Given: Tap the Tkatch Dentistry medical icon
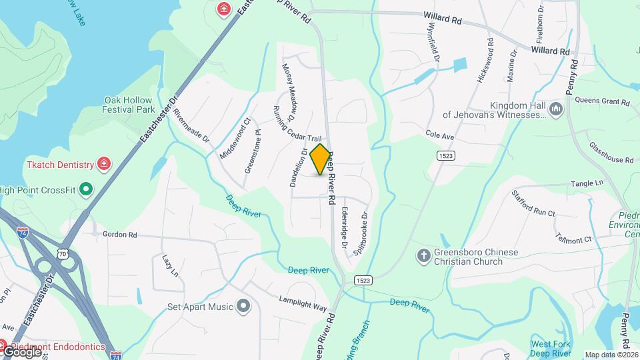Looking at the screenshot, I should (103, 163).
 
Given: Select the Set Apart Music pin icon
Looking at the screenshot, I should (243, 307).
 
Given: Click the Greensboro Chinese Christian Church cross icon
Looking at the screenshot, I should (423, 255).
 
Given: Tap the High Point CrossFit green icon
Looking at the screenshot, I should (85, 189).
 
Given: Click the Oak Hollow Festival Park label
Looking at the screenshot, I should (129, 105).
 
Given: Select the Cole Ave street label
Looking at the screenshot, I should (440, 136).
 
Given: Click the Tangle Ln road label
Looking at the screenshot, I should (586, 183).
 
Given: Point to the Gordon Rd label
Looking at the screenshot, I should (119, 235).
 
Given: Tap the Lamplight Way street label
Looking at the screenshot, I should (303, 303).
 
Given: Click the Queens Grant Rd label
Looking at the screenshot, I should (602, 102).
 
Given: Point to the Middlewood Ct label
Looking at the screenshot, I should (235, 138).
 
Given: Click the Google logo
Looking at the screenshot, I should (21, 351).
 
